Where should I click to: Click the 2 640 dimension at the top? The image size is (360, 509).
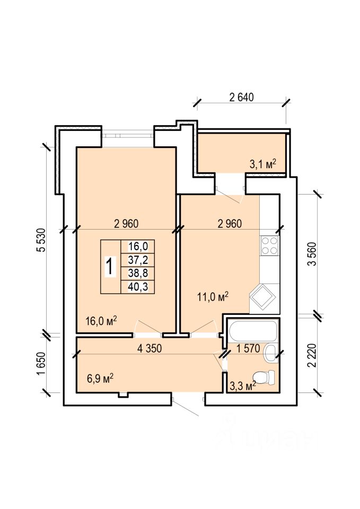pos(242,97)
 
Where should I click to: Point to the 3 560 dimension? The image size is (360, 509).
pos(312,254)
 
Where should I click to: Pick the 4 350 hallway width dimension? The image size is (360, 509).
pos(150,348)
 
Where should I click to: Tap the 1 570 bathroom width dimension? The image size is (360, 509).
pos(248,348)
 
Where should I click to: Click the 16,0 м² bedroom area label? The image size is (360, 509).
pos(101,321)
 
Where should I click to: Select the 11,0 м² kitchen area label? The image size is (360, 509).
pos(213,296)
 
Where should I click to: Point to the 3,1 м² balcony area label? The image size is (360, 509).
pos(262,164)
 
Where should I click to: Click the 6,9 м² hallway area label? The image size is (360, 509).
pos(100,378)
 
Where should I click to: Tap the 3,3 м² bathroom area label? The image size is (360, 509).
pos(243,386)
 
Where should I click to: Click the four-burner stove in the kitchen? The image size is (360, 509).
pos(270,245)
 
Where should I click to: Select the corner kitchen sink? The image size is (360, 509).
pos(262,296)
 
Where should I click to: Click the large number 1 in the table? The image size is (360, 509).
pos(110,267)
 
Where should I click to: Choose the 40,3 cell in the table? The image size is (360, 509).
pos(138,287)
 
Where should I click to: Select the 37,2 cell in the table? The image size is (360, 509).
pos(138,260)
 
